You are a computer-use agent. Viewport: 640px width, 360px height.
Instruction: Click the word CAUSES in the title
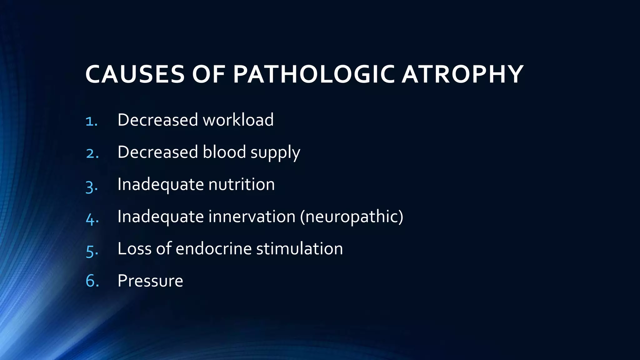[x=135, y=75]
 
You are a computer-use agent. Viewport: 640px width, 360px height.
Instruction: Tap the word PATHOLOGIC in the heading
[x=314, y=75]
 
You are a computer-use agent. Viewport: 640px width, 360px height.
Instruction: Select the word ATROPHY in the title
[x=462, y=75]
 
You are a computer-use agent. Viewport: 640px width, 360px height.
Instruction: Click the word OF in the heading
[x=208, y=75]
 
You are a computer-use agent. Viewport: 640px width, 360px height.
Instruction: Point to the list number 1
[x=91, y=121]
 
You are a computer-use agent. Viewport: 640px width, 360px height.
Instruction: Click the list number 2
[x=92, y=153]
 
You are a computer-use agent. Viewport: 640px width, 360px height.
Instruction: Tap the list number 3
[x=92, y=186]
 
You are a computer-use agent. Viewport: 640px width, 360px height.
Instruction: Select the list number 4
[x=92, y=218]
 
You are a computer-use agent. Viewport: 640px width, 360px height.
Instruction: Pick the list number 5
[x=92, y=250]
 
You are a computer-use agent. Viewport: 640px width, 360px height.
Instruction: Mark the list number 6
[x=92, y=281]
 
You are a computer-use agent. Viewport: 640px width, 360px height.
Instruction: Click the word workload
[x=238, y=120]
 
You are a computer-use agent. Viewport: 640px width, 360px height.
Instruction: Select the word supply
[x=275, y=153]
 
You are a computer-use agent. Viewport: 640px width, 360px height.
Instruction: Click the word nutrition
[x=241, y=184]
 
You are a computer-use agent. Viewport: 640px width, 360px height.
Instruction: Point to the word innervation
[x=252, y=217]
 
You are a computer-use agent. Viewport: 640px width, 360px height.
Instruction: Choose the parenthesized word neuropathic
[x=352, y=217]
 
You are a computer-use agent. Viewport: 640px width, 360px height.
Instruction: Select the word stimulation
[x=299, y=249]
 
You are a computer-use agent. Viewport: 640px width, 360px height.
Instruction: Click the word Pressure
[x=150, y=281]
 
